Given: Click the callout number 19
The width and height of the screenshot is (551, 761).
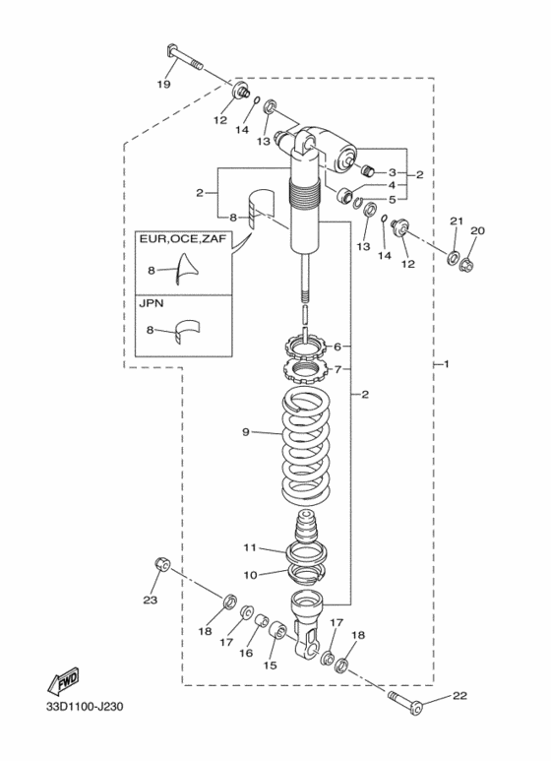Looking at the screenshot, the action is coord(164,84).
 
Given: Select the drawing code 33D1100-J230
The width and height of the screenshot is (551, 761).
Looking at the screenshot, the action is coord(85,706).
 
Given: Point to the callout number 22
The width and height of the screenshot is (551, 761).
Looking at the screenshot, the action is coord(459,696).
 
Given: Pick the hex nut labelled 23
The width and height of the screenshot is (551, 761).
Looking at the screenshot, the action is coord(162,564).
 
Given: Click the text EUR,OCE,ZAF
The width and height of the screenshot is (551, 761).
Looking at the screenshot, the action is coord(183,239).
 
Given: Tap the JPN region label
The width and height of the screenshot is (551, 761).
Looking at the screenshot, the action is coord(152,303).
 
